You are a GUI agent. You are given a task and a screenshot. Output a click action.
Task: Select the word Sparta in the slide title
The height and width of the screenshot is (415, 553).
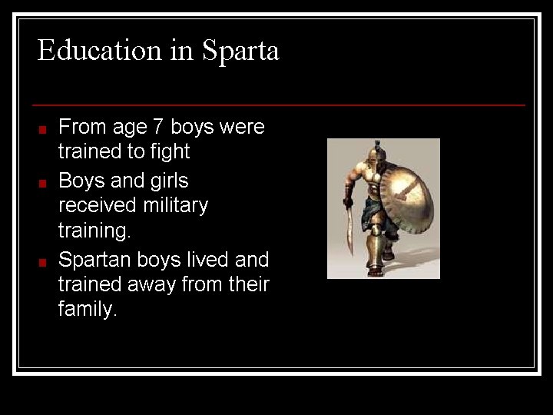coord(240,51)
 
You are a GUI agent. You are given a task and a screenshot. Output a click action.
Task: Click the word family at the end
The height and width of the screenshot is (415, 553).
coord(86,310)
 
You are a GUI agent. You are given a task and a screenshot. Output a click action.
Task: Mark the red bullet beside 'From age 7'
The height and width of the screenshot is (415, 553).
coord(44,129)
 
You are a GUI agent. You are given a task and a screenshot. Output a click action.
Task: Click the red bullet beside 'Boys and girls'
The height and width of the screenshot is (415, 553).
coord(44,184)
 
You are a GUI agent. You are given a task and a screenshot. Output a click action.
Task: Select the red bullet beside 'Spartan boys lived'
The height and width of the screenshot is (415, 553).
coord(44,262)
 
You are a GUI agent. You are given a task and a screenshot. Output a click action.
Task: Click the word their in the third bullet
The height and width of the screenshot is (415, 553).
coord(249,285)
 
